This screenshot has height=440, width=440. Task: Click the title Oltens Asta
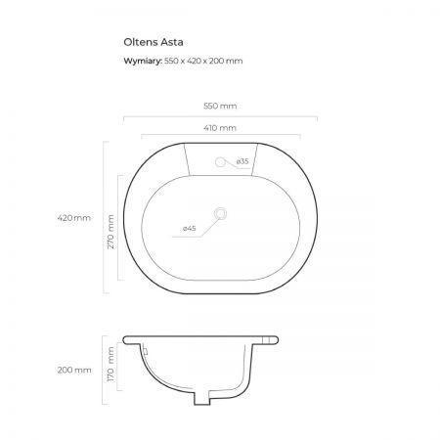[x=154, y=42]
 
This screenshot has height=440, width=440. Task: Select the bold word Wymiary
[x=143, y=61]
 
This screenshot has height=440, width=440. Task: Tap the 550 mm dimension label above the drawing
[x=220, y=106]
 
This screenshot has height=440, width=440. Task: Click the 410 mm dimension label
[x=220, y=128]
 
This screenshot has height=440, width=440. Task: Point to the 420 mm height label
[x=74, y=218]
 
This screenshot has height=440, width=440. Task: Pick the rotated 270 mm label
[x=110, y=232]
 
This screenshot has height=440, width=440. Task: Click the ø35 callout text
[x=242, y=161]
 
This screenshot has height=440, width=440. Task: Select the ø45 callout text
[x=190, y=228]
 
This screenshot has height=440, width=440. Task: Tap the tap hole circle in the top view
[x=220, y=161]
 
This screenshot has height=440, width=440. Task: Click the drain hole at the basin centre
[x=221, y=213]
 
